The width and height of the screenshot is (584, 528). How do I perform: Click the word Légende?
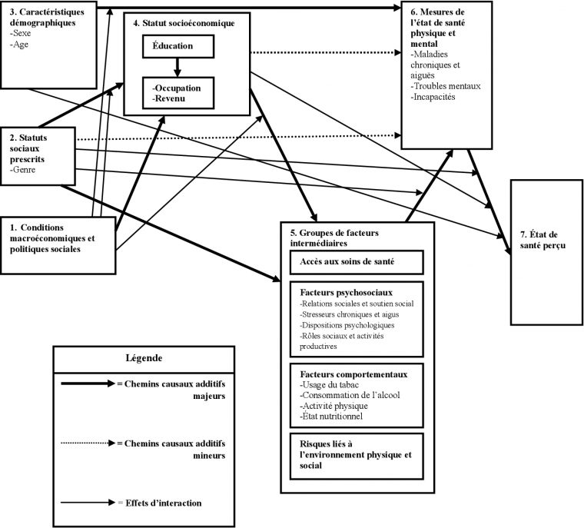coord(143,358)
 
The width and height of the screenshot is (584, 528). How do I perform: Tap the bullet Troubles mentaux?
coord(446,85)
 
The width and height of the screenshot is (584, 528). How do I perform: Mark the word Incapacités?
coord(434,97)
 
